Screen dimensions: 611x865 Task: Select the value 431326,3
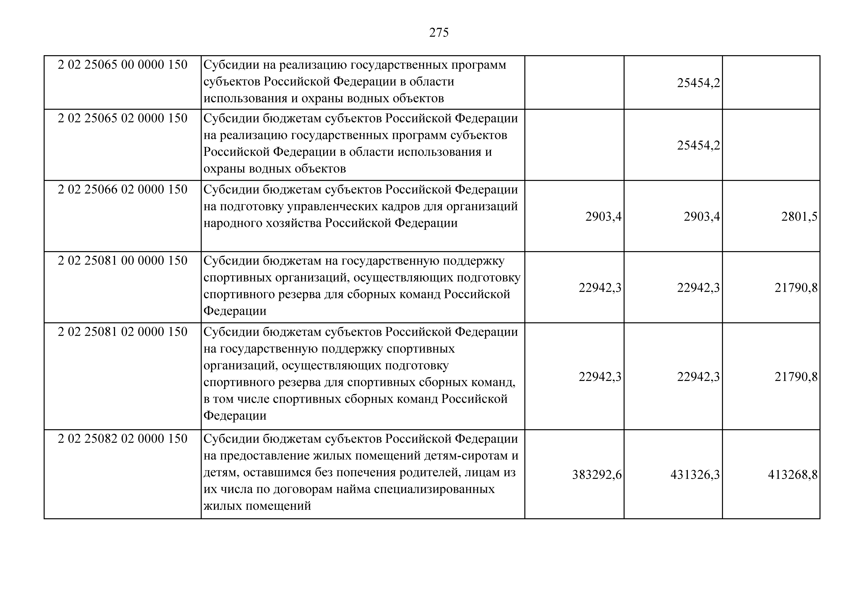coord(695,475)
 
